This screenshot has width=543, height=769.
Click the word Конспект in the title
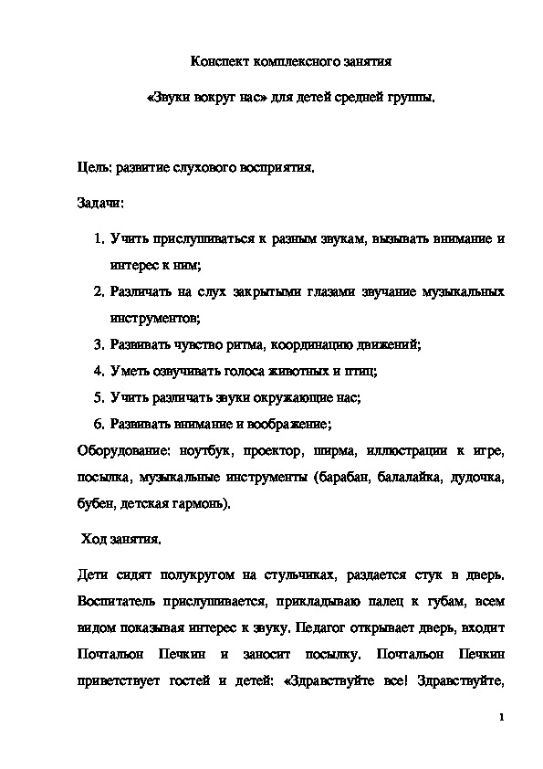216,62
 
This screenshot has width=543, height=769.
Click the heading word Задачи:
100,199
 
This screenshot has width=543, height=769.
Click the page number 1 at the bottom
502,718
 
